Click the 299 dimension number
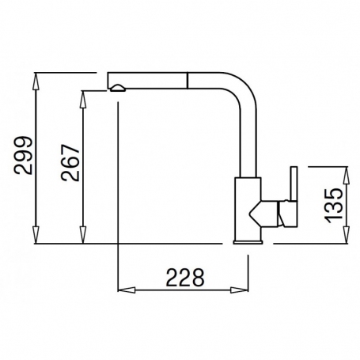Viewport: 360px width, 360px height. (24, 155)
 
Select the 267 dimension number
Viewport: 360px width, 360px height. (70, 162)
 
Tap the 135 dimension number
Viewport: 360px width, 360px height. (333, 206)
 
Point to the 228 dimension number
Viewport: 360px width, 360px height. (185, 278)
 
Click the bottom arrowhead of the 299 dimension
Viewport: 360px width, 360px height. (36, 235)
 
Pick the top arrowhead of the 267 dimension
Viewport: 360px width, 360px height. (83, 100)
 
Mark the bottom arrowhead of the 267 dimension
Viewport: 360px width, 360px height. (83, 235)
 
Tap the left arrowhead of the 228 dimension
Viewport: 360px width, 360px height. (127, 290)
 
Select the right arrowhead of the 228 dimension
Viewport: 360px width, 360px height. (239, 290)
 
